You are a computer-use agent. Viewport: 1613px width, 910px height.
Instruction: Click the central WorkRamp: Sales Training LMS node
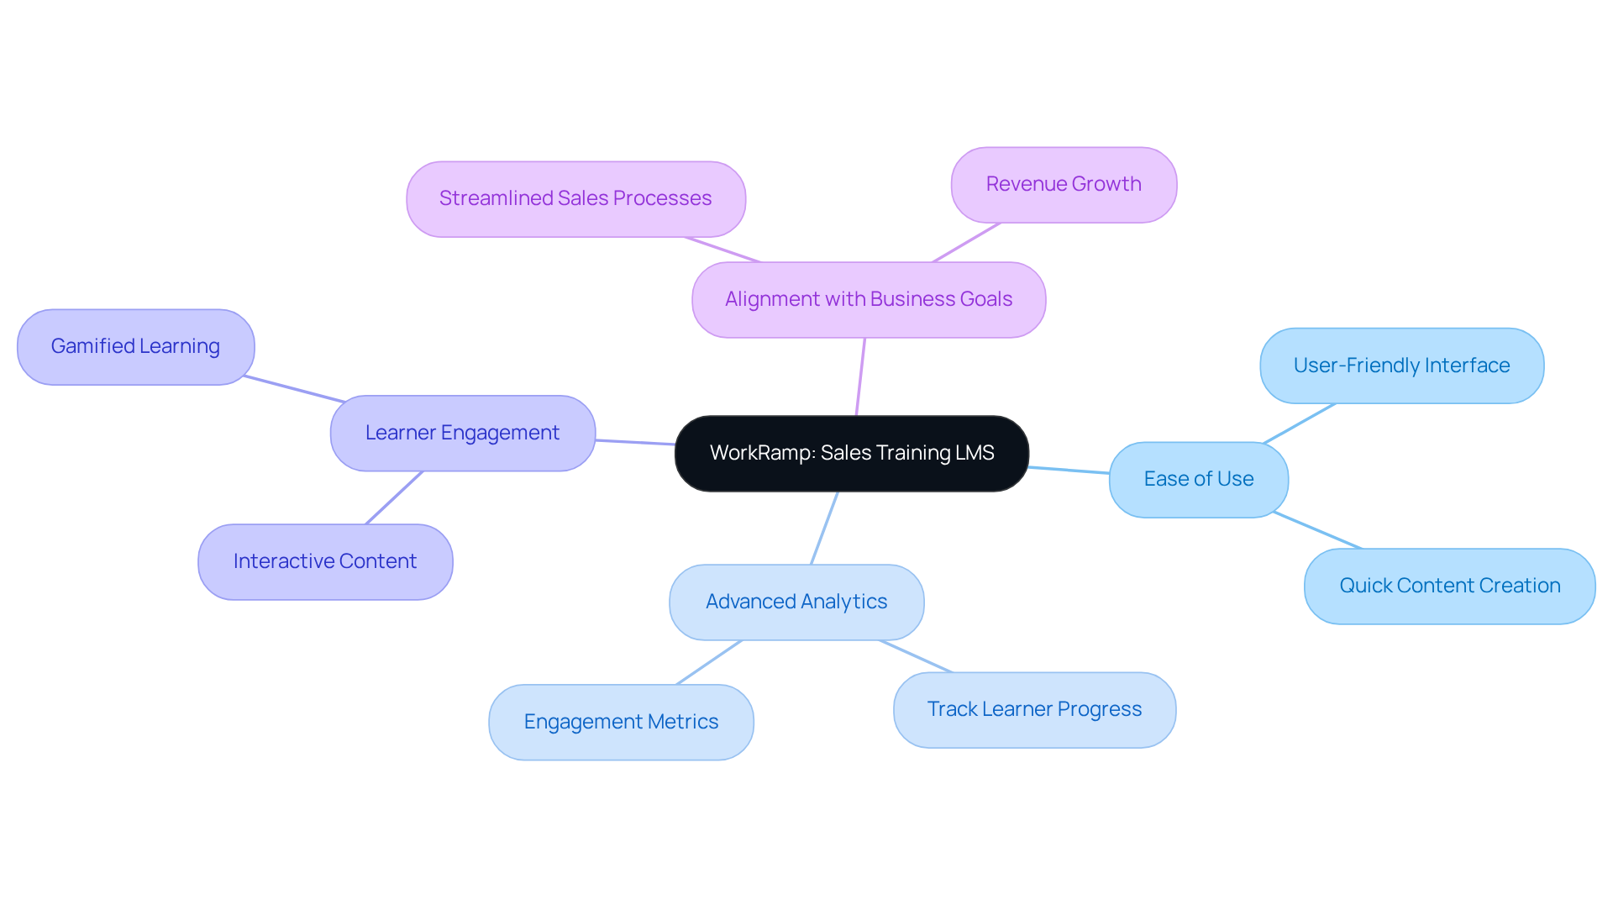(851, 453)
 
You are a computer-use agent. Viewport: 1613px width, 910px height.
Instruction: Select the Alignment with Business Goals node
(868, 299)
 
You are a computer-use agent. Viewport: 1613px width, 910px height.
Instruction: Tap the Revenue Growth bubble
(1063, 184)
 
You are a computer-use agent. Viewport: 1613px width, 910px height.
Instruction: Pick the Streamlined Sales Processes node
(575, 198)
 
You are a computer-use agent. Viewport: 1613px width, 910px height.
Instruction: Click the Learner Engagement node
(462, 433)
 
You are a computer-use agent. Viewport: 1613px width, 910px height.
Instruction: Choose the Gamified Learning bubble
(135, 346)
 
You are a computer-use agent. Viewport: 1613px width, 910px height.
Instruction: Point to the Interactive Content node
(325, 561)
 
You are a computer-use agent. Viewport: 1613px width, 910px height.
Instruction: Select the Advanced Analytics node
(796, 602)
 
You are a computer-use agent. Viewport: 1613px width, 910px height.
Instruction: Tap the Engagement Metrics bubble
(621, 722)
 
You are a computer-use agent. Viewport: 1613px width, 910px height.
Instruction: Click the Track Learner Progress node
(1034, 709)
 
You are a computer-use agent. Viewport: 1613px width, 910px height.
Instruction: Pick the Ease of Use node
(1198, 479)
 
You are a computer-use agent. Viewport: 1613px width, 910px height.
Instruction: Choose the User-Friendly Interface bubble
(1401, 366)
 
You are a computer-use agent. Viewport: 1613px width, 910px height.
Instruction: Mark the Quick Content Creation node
(1449, 586)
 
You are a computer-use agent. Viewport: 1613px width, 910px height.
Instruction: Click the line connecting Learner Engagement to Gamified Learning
(294, 389)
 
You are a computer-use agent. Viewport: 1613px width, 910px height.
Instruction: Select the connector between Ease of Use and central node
(1069, 470)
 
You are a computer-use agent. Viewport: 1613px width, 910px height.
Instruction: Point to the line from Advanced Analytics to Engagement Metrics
(709, 662)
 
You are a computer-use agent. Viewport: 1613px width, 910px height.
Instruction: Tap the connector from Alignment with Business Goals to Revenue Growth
(966, 242)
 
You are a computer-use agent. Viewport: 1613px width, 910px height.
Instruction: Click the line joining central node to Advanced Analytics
(824, 528)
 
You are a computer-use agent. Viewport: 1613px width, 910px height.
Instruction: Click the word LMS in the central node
(975, 453)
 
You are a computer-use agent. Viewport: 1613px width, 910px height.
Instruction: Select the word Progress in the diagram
(1100, 709)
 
